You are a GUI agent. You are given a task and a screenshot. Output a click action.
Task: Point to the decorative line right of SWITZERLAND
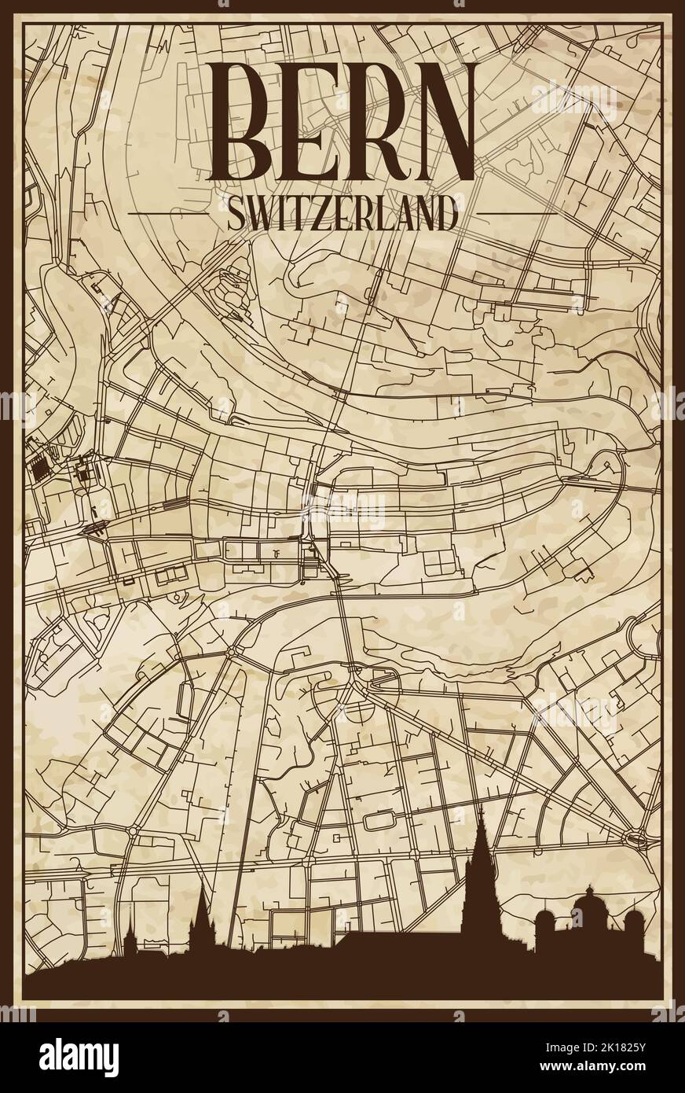(516, 213)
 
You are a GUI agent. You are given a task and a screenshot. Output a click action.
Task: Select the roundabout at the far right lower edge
(635, 836)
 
